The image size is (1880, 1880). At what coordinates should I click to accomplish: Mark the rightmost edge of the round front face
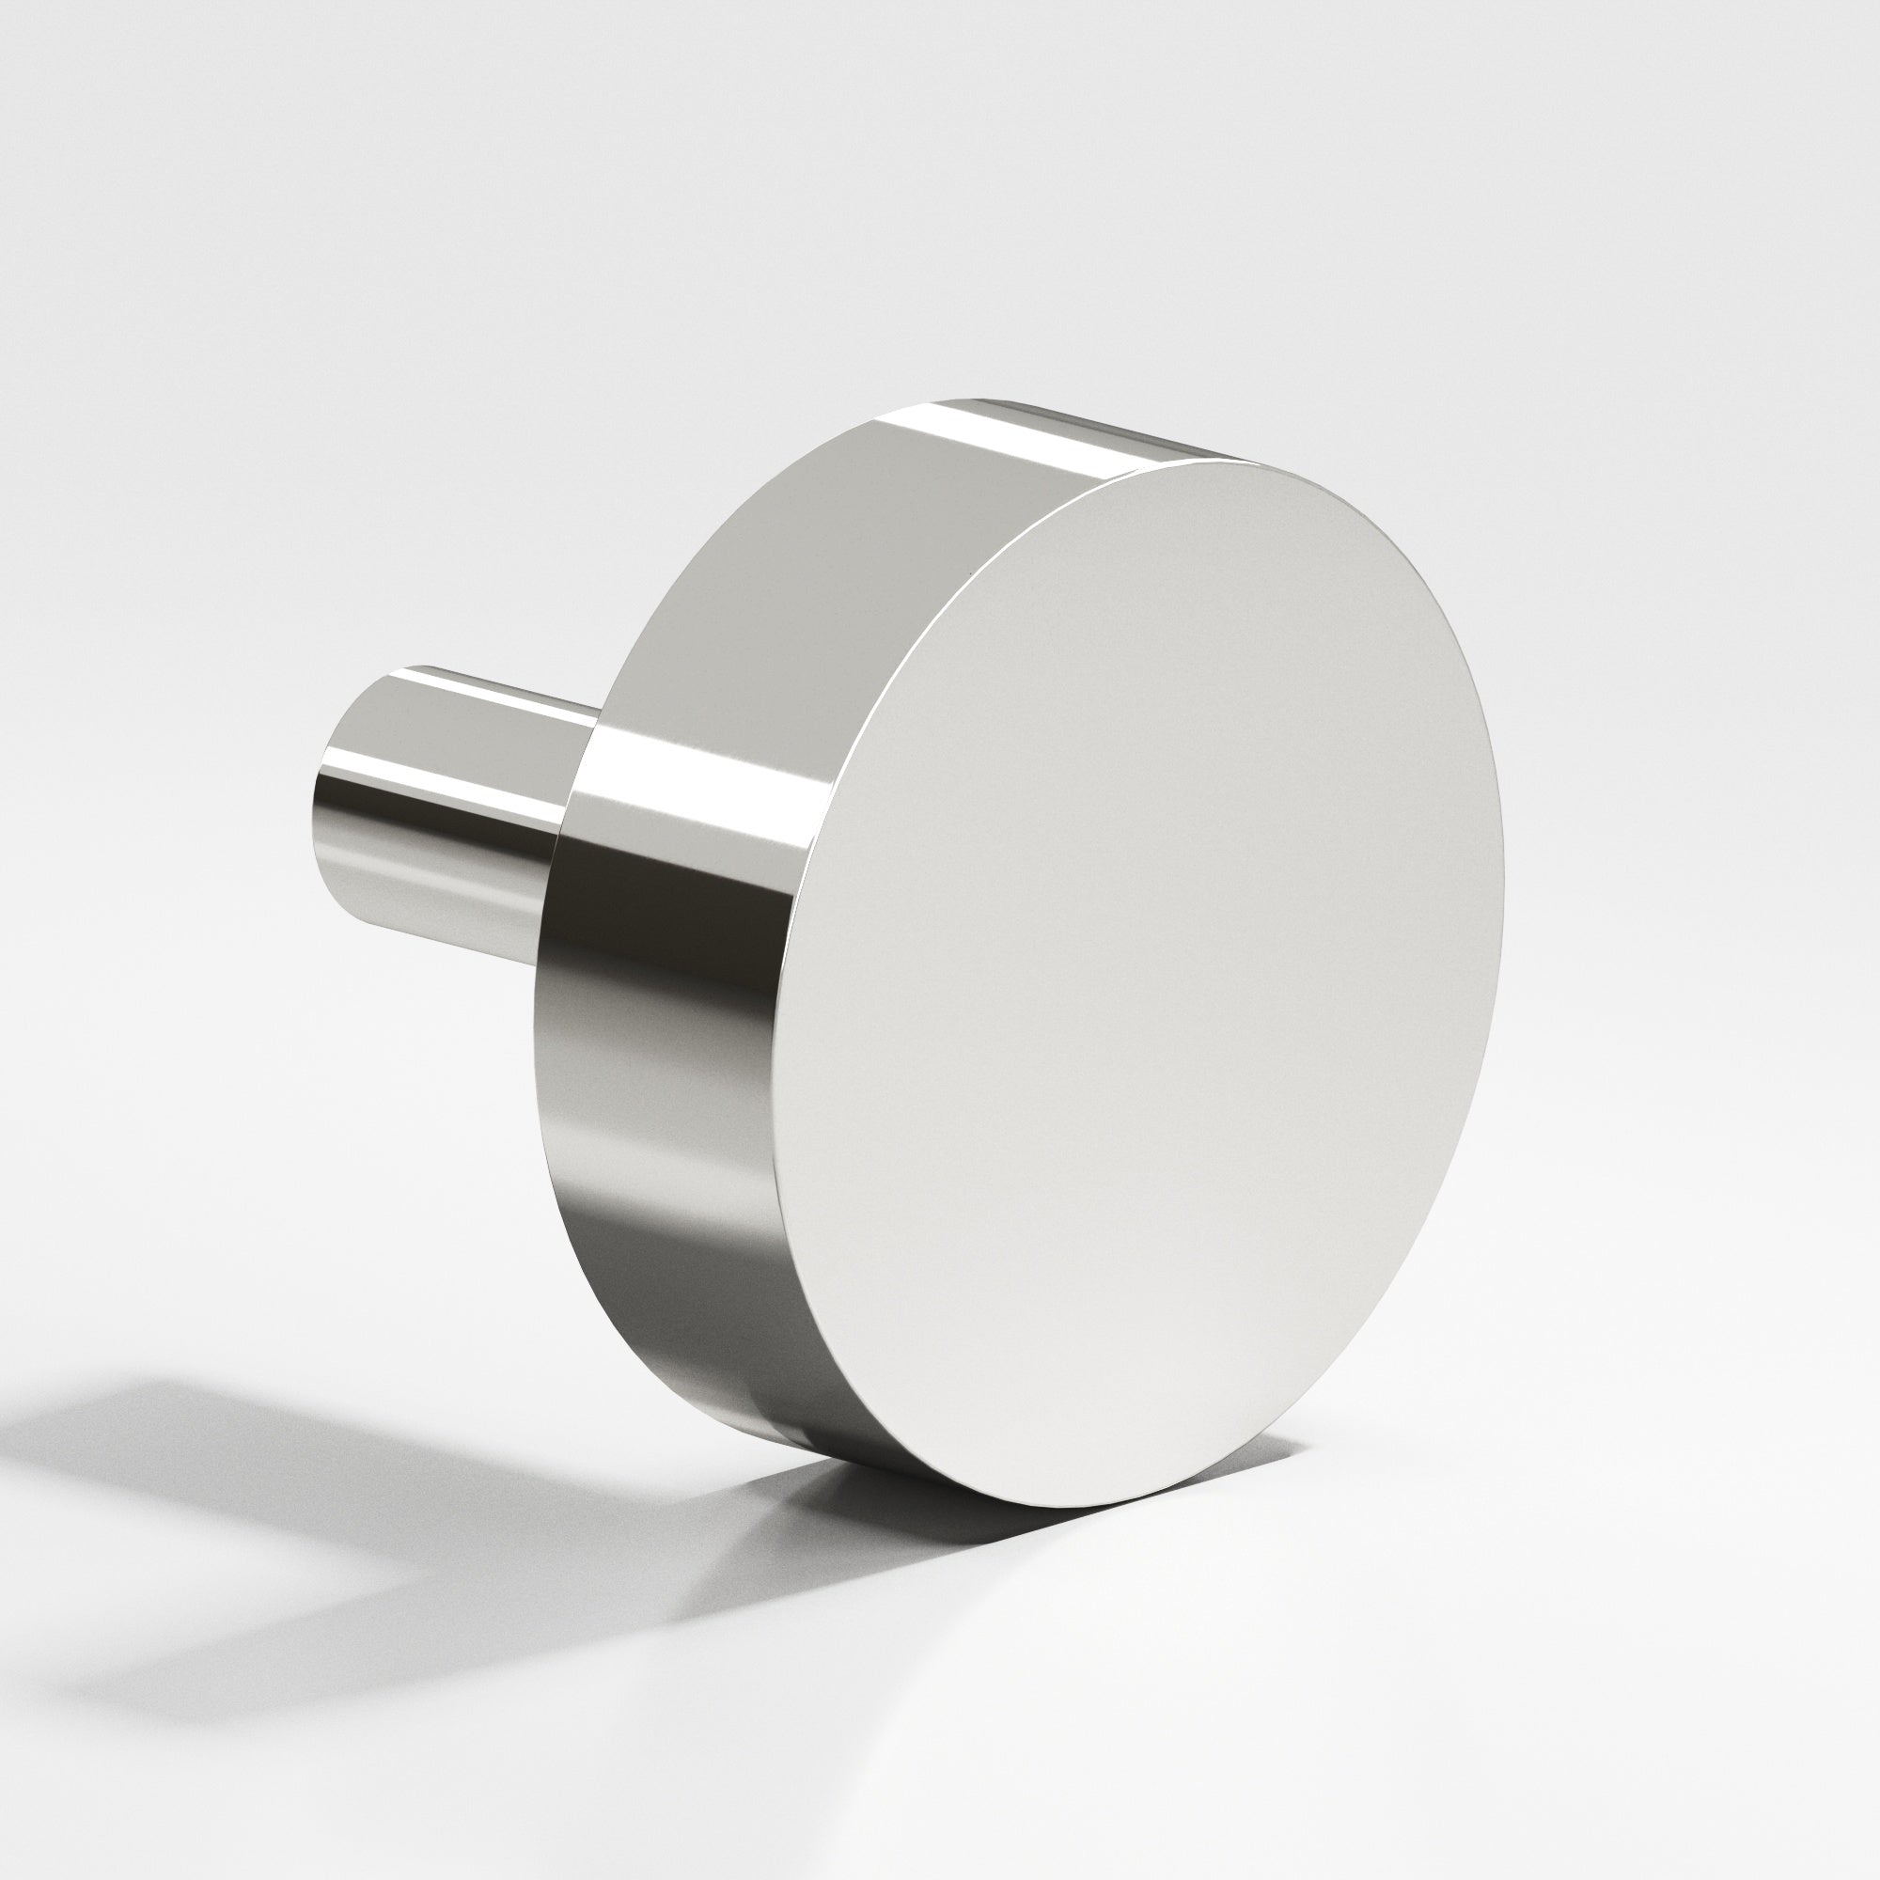(1502, 876)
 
